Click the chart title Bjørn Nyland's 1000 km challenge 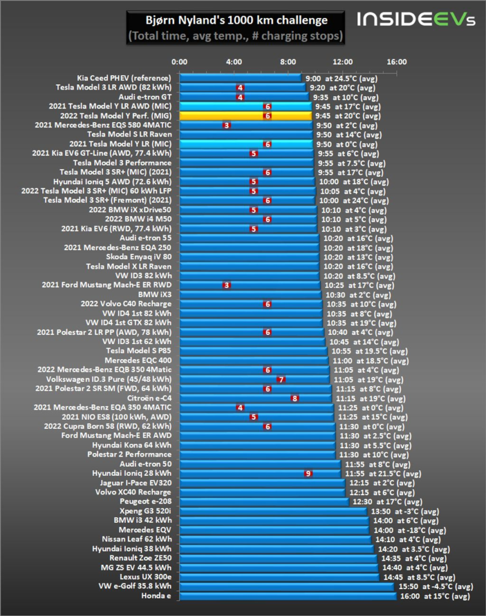237,20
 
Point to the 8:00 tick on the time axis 288,62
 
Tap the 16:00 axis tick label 397,62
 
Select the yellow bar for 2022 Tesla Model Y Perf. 246,115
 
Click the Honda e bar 288,596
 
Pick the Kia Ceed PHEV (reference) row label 124,78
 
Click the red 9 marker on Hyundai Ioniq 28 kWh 308,473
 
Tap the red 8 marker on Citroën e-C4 294,398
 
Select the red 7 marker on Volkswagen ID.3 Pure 281,380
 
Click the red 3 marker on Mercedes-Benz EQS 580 226,125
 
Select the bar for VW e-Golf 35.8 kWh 287,586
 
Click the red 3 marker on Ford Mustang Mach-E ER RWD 226,285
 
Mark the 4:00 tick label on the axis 234,62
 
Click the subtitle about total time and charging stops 235,36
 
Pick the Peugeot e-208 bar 264,502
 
